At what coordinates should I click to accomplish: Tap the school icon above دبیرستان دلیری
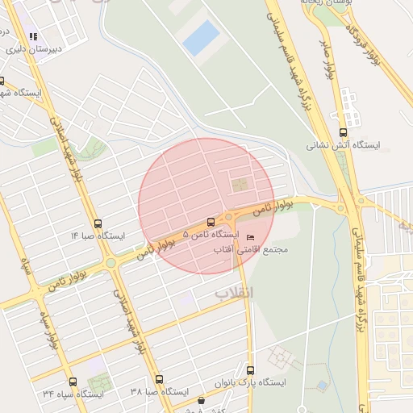pyautogui.click(x=33, y=36)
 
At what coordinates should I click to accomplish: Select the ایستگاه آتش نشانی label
pyautogui.click(x=343, y=146)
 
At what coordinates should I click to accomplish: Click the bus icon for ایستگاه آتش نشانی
pyautogui.click(x=344, y=132)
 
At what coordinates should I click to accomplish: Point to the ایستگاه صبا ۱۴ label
pyautogui.click(x=98, y=236)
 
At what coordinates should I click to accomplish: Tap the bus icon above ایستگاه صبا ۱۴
pyautogui.click(x=98, y=223)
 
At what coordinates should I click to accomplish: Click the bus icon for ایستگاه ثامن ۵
pyautogui.click(x=211, y=221)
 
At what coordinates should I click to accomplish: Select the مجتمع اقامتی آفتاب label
pyautogui.click(x=250, y=250)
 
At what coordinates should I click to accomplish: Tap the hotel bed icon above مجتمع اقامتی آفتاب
pyautogui.click(x=250, y=237)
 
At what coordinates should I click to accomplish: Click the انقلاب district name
pyautogui.click(x=233, y=293)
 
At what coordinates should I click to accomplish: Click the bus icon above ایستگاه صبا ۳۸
pyautogui.click(x=158, y=379)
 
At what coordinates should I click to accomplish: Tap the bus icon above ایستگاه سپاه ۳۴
pyautogui.click(x=73, y=382)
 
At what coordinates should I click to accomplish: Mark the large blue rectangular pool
pyautogui.click(x=201, y=38)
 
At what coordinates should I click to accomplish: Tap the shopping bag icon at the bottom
pyautogui.click(x=201, y=400)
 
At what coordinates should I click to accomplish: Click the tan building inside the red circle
pyautogui.click(x=240, y=185)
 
